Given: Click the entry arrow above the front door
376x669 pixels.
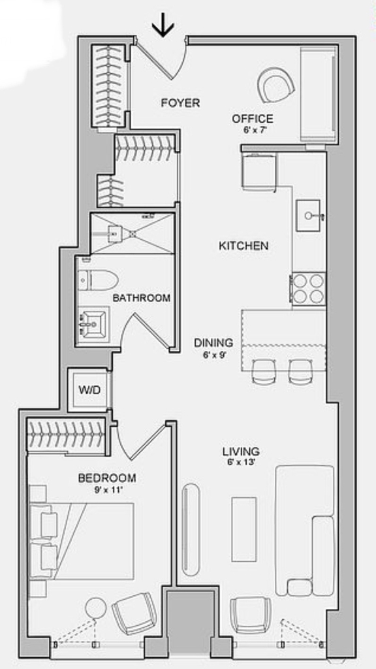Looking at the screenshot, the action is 163,28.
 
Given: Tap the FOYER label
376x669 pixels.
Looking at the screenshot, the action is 180,103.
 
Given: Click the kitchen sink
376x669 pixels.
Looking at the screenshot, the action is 308,216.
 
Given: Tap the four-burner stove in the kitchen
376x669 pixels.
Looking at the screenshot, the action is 309,289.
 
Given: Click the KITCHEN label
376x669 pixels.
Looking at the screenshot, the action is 243,246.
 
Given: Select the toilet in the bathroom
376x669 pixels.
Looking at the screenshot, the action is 98,280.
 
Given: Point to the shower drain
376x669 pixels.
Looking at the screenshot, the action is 133,233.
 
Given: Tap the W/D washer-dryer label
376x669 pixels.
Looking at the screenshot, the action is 89,391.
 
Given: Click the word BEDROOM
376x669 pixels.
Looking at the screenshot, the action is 107,478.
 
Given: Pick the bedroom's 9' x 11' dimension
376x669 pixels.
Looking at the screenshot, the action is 108,490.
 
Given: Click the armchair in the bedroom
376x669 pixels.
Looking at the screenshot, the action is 134,613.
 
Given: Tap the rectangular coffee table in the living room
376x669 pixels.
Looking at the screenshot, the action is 244,529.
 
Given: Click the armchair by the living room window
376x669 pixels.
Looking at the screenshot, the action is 251,615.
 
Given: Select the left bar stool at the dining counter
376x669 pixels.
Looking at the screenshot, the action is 264,371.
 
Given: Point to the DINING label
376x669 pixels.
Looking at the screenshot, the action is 213,342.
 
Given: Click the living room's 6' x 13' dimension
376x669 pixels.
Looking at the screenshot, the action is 241,463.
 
